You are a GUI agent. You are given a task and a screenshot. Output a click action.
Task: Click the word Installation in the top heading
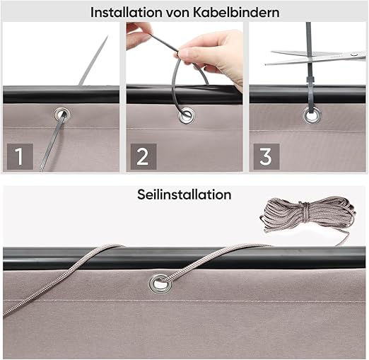tap(127, 12)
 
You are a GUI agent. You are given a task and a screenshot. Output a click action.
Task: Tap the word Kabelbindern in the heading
tap(236, 12)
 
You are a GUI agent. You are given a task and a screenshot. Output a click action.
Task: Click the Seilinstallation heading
tap(184, 194)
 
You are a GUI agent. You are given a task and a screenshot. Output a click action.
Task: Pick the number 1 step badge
tap(20, 156)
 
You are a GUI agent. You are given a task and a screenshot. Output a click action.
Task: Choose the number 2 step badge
tap(143, 156)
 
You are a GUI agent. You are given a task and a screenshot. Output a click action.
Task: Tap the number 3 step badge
tap(266, 156)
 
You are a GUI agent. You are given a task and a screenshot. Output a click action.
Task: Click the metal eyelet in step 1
tap(62, 115)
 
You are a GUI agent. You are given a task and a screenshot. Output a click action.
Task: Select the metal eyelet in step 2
tap(187, 115)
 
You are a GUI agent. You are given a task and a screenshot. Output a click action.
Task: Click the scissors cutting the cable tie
tap(315, 57)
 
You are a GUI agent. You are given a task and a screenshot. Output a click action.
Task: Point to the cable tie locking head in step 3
tap(310, 80)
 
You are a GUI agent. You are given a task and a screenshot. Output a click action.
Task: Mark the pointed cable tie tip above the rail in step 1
tap(107, 37)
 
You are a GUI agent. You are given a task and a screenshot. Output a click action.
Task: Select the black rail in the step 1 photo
tap(61, 95)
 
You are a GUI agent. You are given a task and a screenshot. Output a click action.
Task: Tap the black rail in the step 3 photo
tap(307, 94)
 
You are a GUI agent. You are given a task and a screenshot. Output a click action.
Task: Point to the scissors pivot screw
tap(353, 54)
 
